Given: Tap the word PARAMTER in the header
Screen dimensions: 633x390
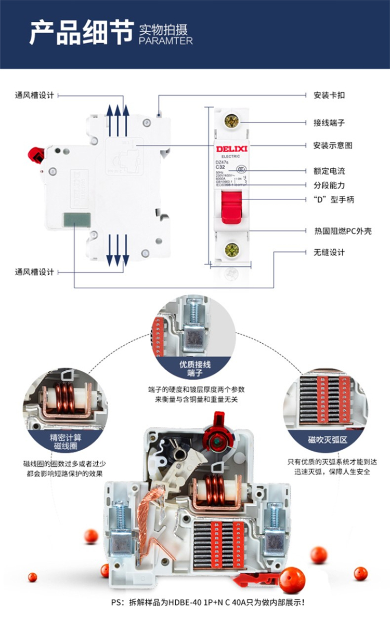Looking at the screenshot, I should click(x=166, y=41).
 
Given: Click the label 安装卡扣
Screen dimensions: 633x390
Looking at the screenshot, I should click(x=329, y=95).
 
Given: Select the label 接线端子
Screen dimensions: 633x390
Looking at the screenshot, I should click(x=329, y=123).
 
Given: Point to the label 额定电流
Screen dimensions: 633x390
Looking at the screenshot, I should click(x=329, y=171).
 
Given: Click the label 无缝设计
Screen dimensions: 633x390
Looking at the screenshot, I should click(x=329, y=252).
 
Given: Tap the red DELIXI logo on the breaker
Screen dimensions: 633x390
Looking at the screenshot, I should click(x=232, y=150).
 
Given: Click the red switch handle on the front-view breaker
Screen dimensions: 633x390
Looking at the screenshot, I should click(x=231, y=206).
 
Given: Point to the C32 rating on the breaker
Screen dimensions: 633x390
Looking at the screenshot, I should click(x=220, y=168).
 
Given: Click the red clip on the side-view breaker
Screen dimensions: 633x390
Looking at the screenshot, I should click(x=36, y=155).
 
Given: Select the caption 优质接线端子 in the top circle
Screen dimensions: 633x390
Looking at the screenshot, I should click(x=195, y=368).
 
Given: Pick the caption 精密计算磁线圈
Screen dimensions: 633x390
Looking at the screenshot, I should click(x=66, y=442).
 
